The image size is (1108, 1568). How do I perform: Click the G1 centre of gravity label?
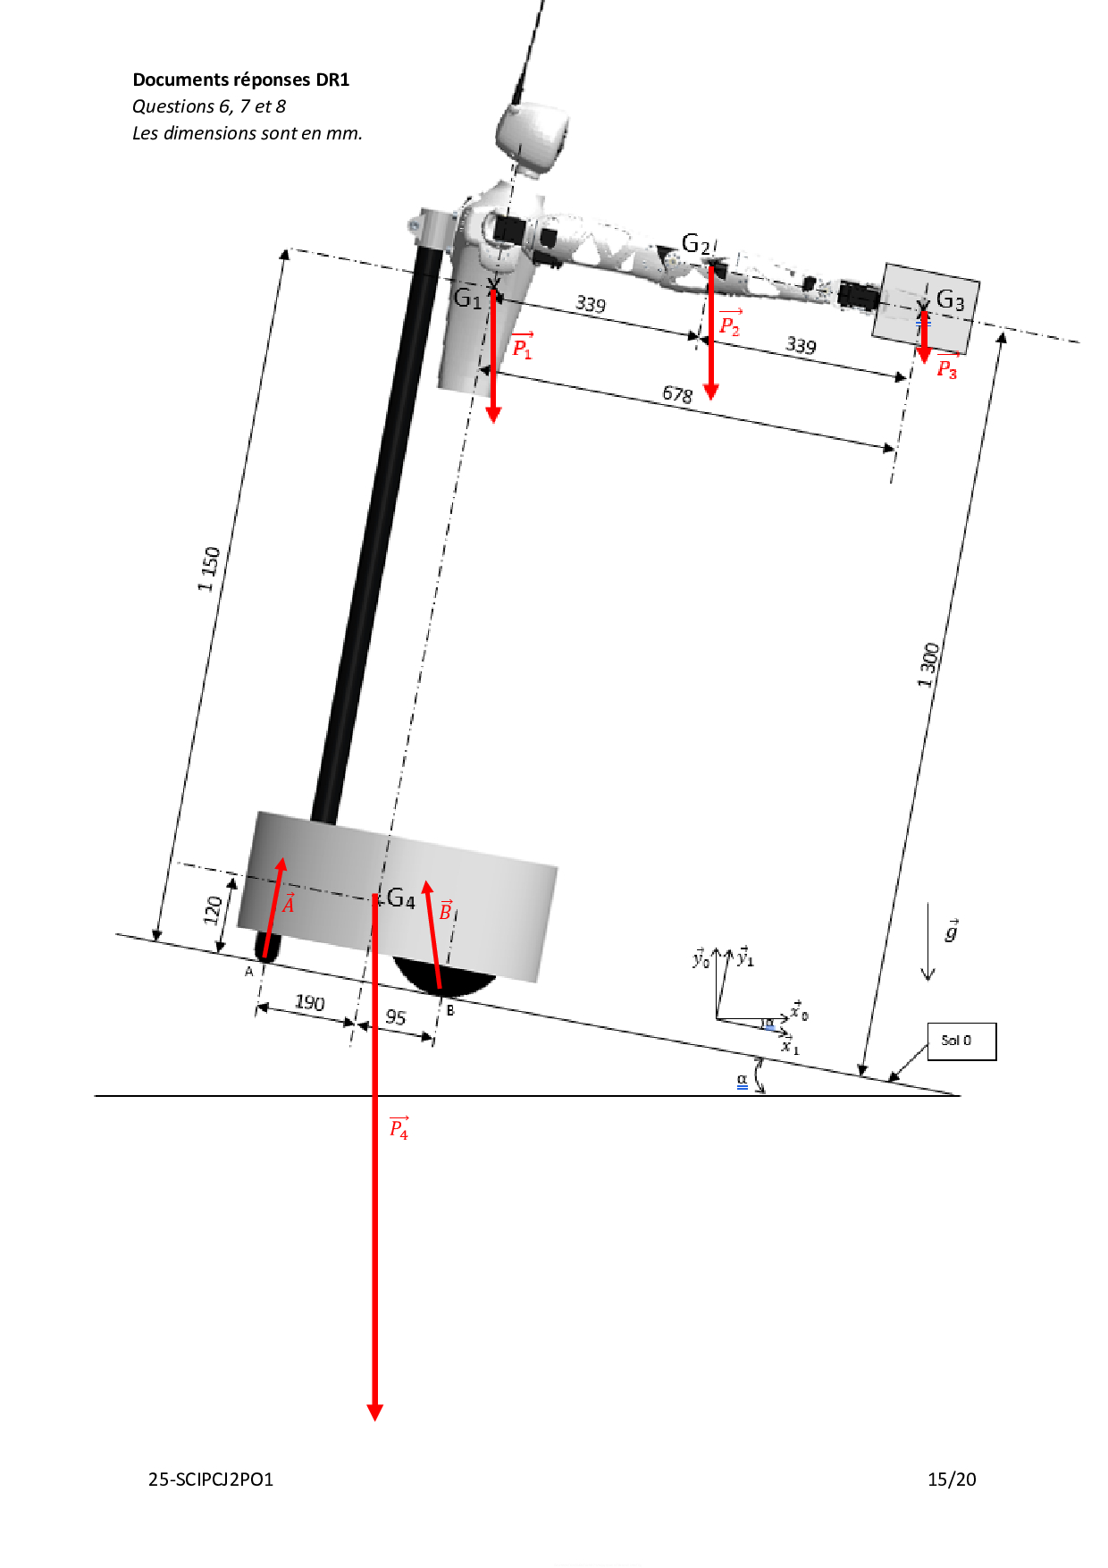(467, 298)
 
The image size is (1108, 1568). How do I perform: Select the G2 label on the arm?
(696, 243)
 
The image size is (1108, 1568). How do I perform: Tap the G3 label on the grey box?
(950, 300)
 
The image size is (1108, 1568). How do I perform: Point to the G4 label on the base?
(401, 898)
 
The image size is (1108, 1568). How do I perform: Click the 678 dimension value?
(677, 394)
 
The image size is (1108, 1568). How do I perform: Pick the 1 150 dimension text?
(209, 569)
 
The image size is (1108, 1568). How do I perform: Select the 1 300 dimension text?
(929, 665)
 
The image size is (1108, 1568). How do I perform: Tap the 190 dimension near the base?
(309, 1002)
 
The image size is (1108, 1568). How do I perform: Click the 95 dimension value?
(396, 1017)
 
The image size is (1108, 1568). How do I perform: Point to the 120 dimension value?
(213, 910)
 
